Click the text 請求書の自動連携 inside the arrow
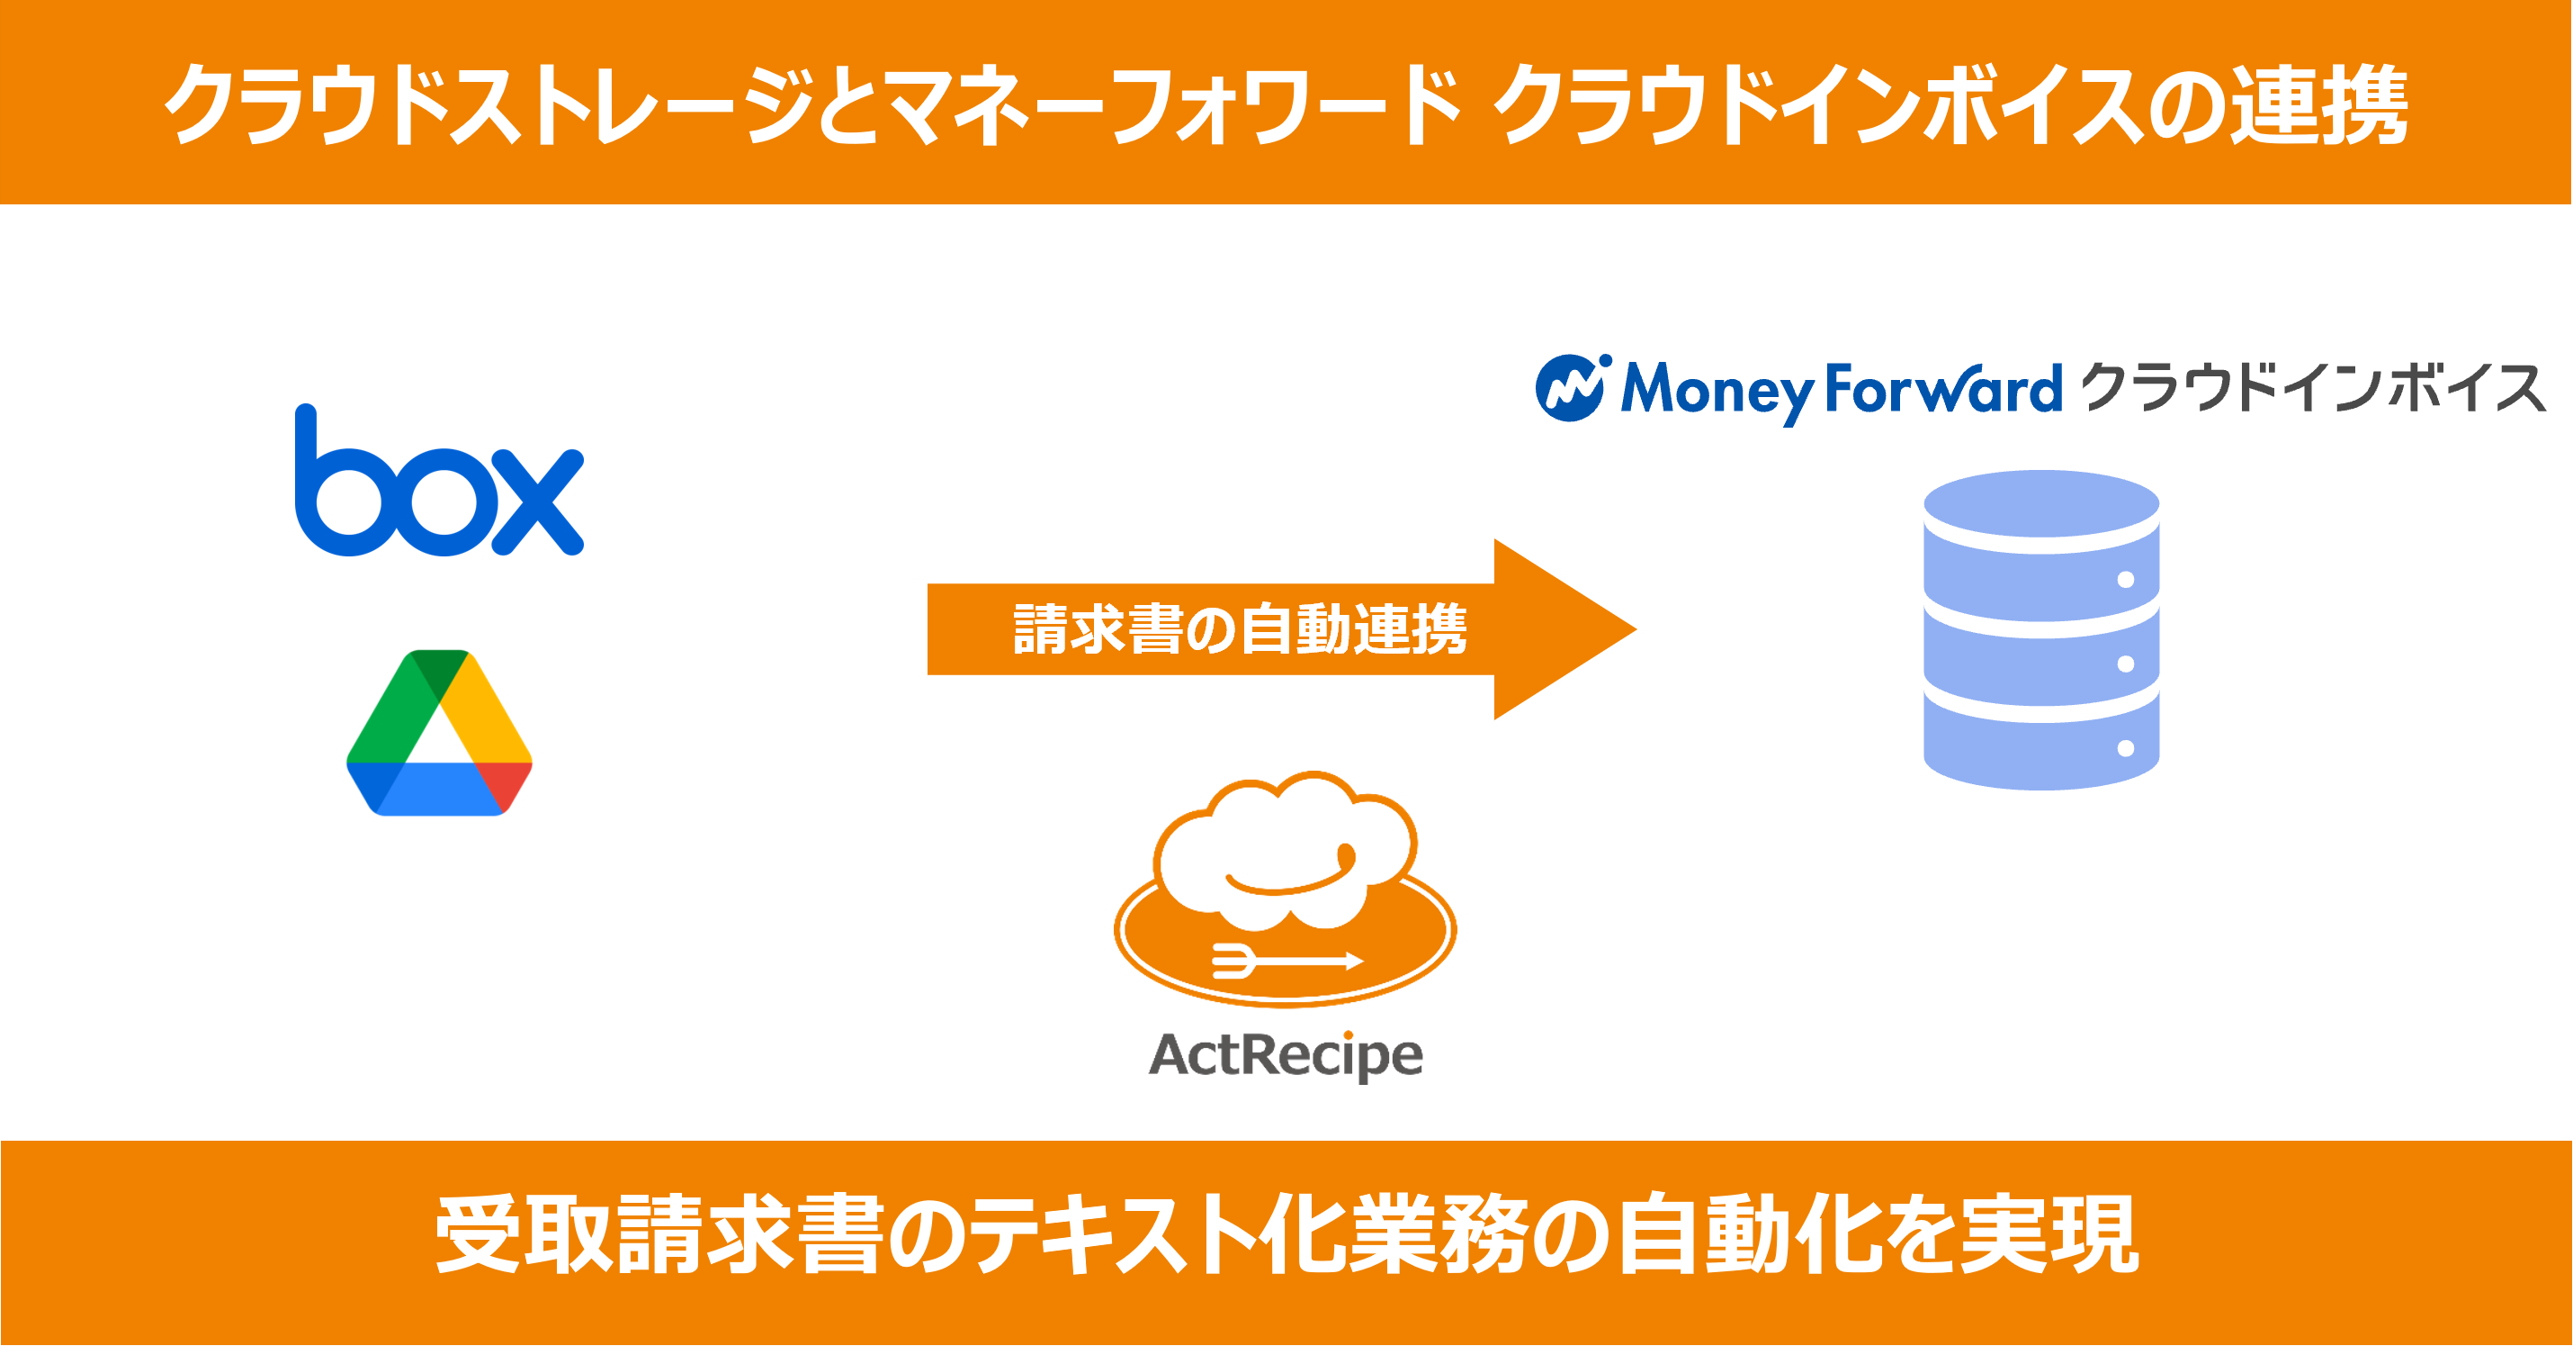click(x=1240, y=629)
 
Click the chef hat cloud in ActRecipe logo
click(x=1286, y=849)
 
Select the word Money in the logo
click(x=1716, y=390)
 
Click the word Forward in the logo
click(x=1942, y=390)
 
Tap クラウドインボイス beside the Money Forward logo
click(x=2312, y=388)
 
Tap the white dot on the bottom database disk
click(x=2126, y=748)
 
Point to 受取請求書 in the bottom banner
click(x=659, y=1236)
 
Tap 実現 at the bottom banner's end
click(x=2048, y=1236)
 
